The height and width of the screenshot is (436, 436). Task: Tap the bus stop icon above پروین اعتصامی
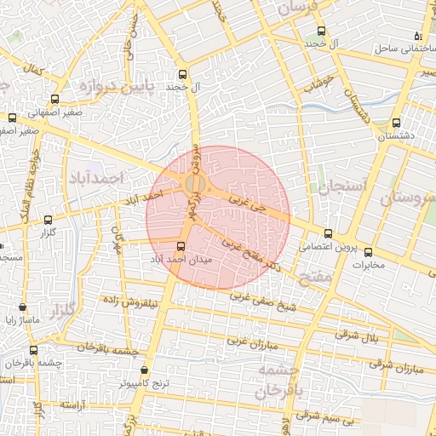[329, 233]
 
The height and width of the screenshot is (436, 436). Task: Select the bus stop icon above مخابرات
[369, 251]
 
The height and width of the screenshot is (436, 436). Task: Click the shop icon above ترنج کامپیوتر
[143, 370]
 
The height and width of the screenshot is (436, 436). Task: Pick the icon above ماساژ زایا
[22, 307]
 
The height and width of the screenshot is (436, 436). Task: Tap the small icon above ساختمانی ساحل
[417, 36]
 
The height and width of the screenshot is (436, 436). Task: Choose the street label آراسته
[73, 405]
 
